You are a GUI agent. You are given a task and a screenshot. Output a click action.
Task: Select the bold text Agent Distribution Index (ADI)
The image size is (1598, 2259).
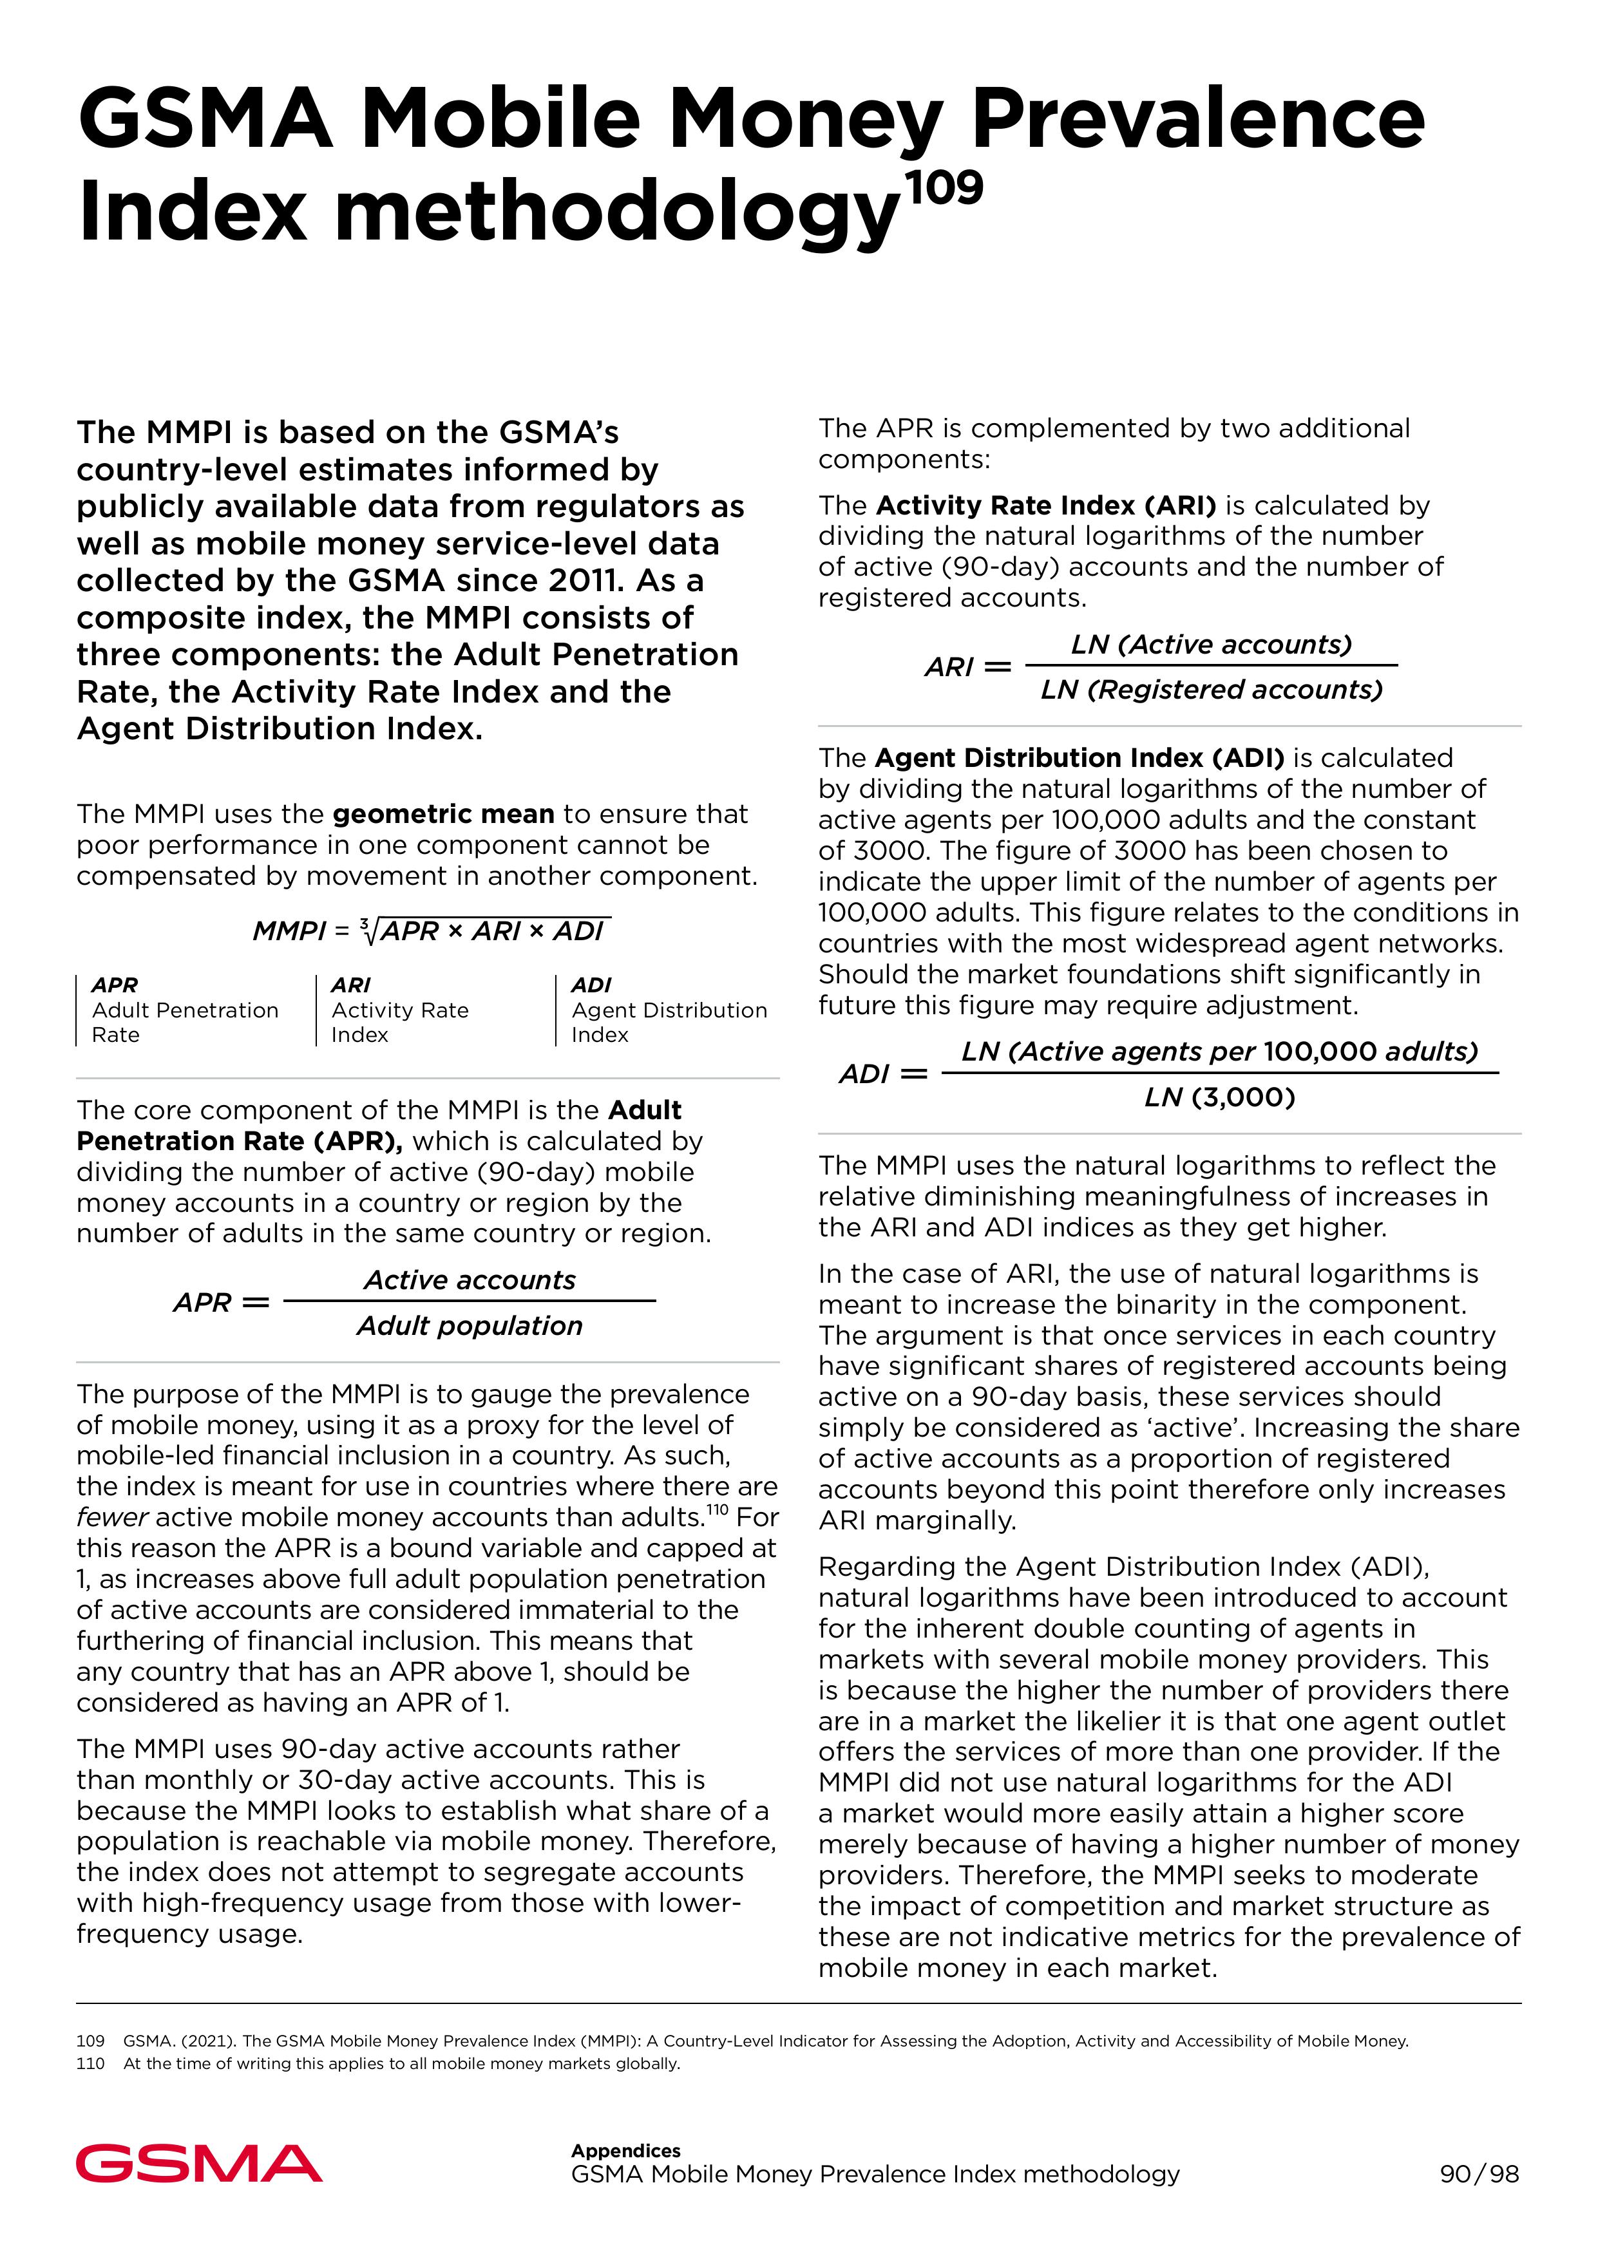(x=1080, y=757)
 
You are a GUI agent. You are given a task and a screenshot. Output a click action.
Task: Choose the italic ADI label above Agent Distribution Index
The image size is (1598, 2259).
(x=591, y=985)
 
